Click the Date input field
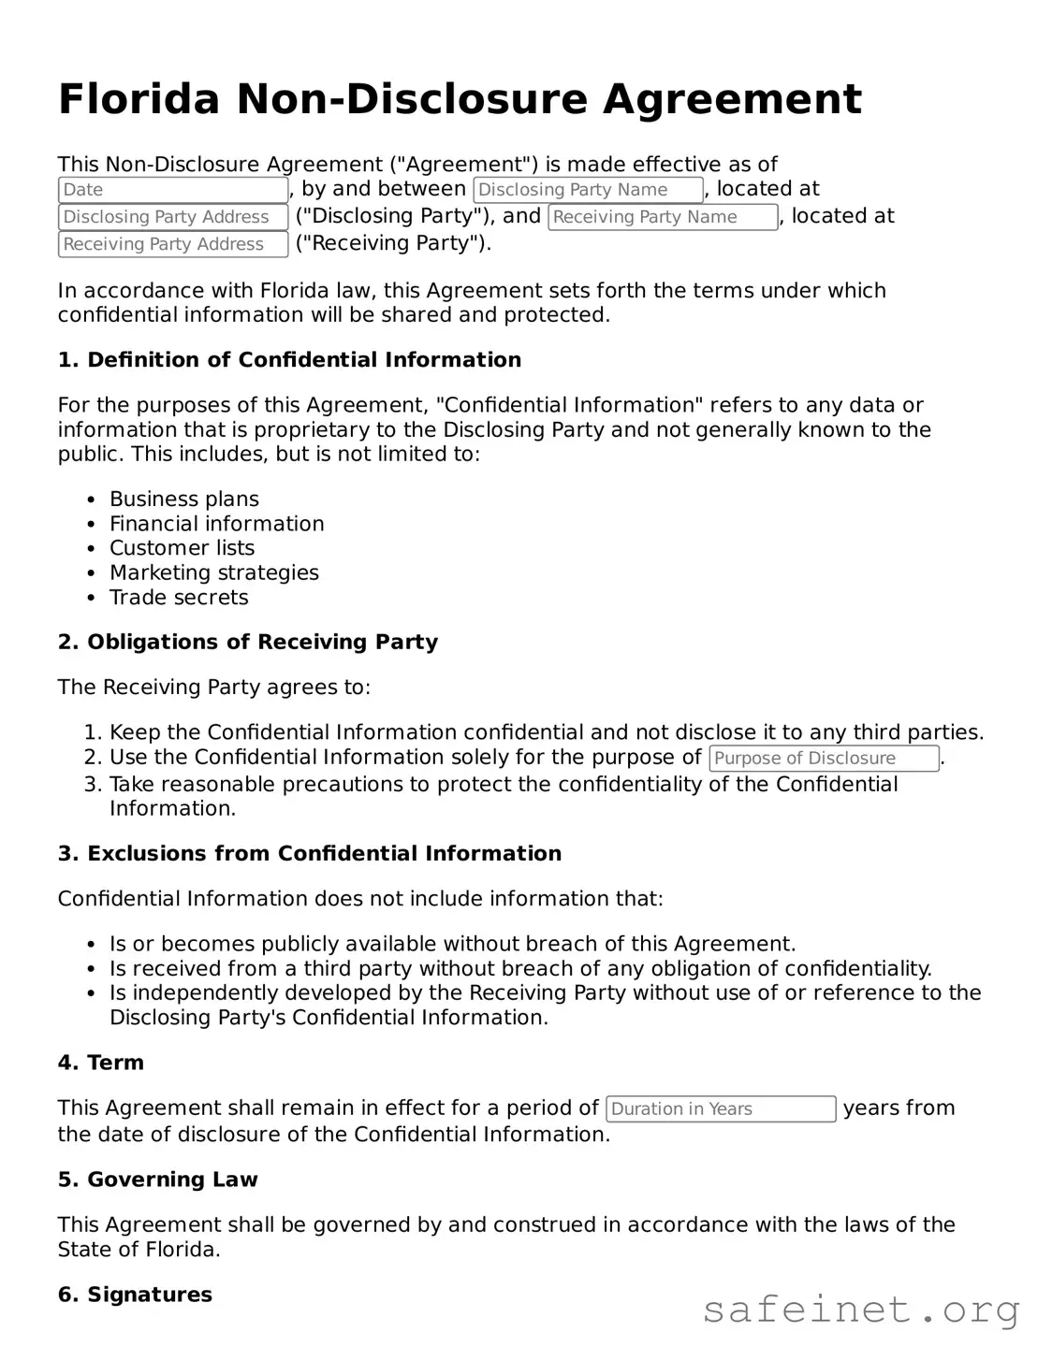coord(173,190)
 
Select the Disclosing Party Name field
coord(588,190)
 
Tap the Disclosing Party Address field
coord(173,217)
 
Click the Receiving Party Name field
coord(663,217)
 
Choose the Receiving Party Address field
coord(173,244)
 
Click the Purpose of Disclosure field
coord(824,759)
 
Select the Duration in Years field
coord(721,1109)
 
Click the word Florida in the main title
coord(139,99)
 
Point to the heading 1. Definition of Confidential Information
coord(289,360)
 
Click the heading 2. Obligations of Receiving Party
coord(248,643)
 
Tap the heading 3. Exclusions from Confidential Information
coord(310,854)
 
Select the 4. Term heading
coord(101,1064)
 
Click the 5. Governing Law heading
coord(157,1180)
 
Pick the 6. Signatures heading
coord(135,1296)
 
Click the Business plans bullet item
coord(184,500)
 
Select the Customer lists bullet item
coord(182,548)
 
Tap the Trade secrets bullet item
coord(179,598)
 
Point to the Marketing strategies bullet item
coord(214,572)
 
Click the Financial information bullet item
coord(217,524)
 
